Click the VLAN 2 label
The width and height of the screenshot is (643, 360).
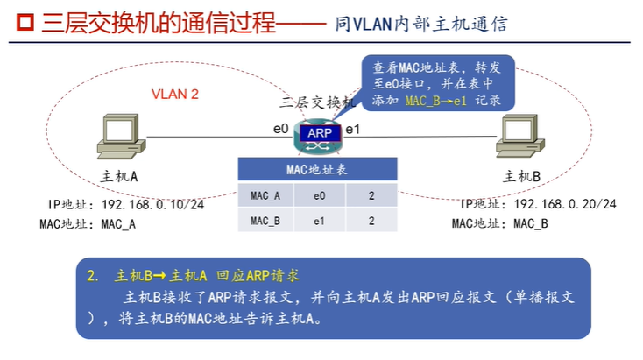coord(175,94)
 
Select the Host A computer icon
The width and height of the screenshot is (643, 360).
coord(117,138)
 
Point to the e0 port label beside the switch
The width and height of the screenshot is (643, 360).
coord(280,130)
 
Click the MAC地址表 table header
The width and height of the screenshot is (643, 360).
coord(317,170)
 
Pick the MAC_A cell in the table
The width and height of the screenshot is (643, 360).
coord(265,195)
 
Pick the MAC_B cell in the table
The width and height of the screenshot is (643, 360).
coord(265,221)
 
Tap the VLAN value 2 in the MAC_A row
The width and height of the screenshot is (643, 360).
coord(371,195)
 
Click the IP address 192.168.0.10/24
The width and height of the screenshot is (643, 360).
coord(153,204)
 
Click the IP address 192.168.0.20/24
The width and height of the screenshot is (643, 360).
coord(565,204)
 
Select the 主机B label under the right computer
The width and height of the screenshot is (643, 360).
coord(522,176)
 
